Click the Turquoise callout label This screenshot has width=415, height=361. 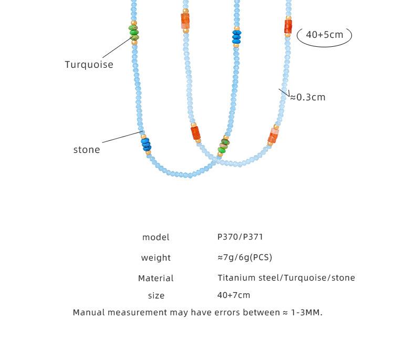point(89,65)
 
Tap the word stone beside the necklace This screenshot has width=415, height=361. point(87,150)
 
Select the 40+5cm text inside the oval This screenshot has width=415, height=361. point(324,35)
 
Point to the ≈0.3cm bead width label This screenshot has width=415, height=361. point(308,97)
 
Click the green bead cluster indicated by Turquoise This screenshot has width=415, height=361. point(134,33)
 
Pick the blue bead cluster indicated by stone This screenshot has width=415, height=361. point(146,144)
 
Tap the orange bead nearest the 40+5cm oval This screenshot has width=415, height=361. point(288,26)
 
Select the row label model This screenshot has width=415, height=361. point(155,238)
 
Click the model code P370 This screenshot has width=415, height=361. point(227,237)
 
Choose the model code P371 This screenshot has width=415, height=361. point(253,237)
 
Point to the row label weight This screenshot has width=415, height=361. point(155,258)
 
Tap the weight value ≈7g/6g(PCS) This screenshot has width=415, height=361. point(245,257)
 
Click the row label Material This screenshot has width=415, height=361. point(155,279)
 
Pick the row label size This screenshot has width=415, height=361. point(156,296)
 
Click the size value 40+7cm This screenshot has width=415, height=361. point(234,295)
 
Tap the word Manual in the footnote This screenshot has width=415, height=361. point(89,313)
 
